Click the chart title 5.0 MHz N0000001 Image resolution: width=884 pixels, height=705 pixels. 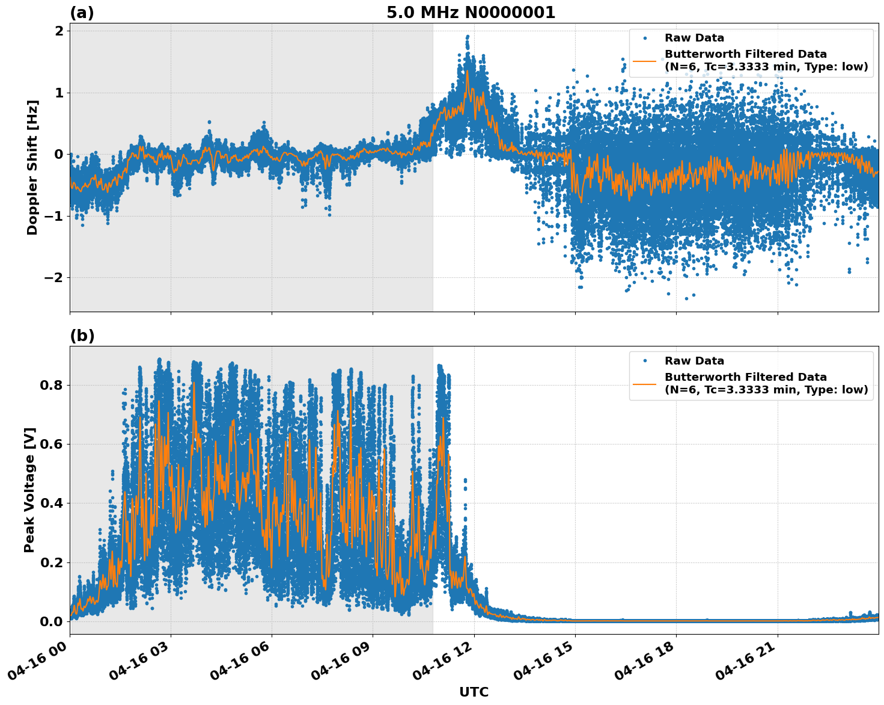coord(471,13)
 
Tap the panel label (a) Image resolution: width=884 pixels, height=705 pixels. coord(82,13)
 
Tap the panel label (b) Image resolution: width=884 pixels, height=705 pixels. coord(82,336)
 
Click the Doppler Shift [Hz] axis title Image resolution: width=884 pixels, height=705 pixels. coord(32,167)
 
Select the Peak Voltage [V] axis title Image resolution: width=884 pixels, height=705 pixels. coord(29,490)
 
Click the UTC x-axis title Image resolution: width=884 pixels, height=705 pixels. coord(474,692)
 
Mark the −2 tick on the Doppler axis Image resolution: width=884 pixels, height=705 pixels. coord(53,277)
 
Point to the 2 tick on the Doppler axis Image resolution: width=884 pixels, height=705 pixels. coord(59,31)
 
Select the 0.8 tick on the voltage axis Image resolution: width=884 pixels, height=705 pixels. coord(50,385)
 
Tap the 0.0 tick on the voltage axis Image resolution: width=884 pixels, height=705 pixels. coord(50,621)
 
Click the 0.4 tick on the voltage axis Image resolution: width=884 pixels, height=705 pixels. coord(50,503)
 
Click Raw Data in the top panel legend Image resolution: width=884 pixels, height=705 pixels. coord(694,38)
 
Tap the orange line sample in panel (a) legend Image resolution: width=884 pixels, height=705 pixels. coord(644,61)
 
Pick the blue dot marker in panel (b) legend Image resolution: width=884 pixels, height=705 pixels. coord(644,361)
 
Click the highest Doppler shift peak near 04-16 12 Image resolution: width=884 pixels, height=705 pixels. coord(468,36)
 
